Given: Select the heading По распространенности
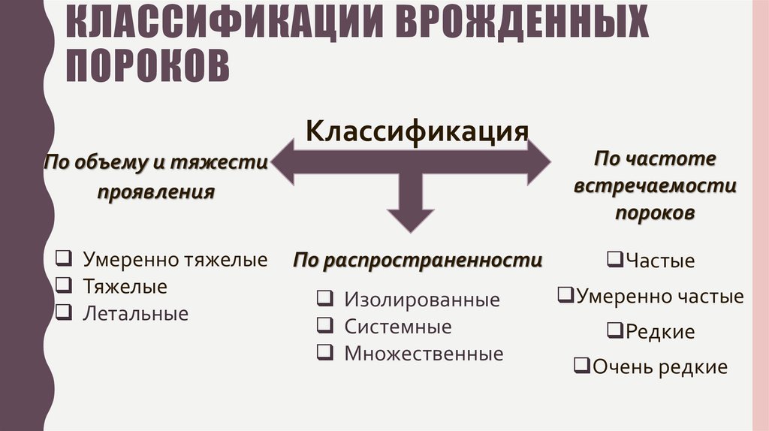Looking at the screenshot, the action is [418, 261].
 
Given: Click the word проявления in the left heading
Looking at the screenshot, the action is [155, 192].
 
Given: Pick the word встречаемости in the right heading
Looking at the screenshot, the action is [655, 186].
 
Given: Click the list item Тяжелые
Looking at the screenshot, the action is [125, 287].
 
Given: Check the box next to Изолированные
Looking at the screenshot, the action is [325, 299].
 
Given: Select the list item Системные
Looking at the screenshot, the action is [398, 327].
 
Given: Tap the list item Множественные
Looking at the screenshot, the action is [424, 354].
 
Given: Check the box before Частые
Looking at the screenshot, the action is [612, 260].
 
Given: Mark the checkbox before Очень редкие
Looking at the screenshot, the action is [581, 366].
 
